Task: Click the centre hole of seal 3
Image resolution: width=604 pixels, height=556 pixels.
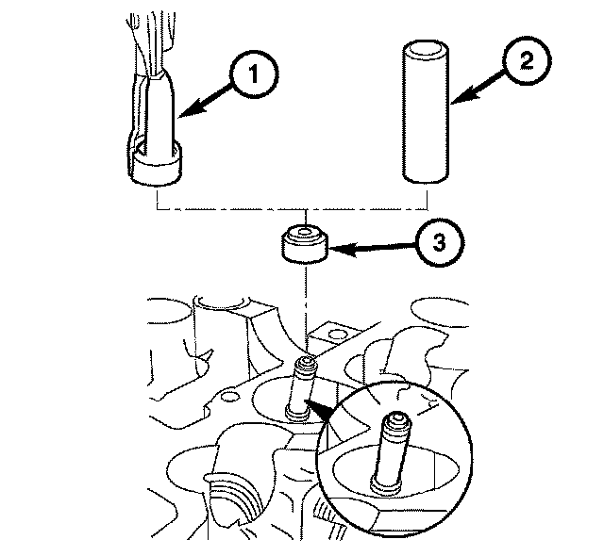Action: [304, 232]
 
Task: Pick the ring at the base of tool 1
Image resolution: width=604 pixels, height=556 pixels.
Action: [158, 169]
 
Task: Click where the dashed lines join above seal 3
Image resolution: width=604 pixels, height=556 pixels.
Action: [304, 207]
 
